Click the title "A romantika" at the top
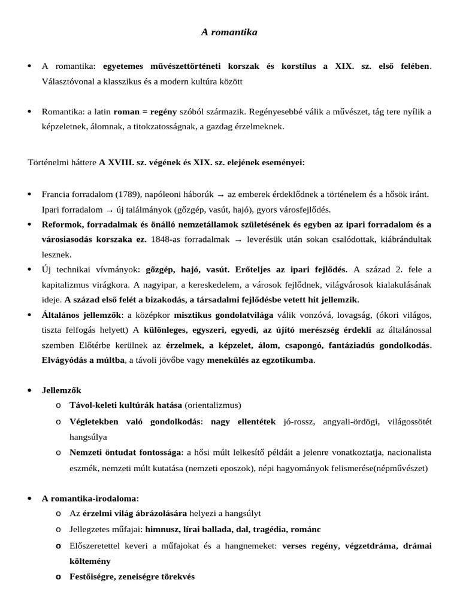229,32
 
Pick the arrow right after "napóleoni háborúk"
220,195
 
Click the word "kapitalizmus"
66,284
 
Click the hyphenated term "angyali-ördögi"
352,421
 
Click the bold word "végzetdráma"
366,546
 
